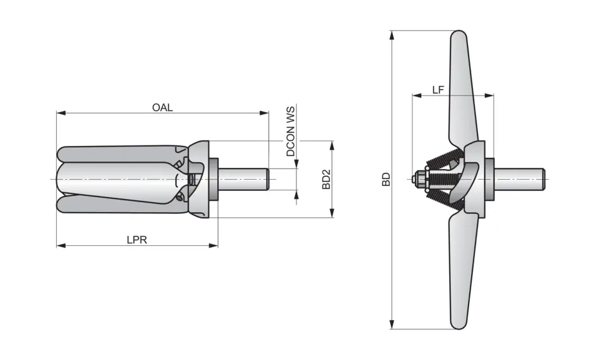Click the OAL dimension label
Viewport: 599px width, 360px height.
click(x=162, y=107)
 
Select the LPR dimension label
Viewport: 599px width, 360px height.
click(x=137, y=240)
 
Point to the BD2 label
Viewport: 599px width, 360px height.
click(x=325, y=179)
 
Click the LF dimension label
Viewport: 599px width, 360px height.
click(x=438, y=90)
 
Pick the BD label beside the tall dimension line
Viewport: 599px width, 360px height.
click(x=386, y=180)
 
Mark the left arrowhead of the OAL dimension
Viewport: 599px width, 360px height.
click(x=61, y=113)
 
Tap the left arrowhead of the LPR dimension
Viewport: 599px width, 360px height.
click(x=61, y=245)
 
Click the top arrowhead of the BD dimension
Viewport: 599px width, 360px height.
click(x=392, y=34)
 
